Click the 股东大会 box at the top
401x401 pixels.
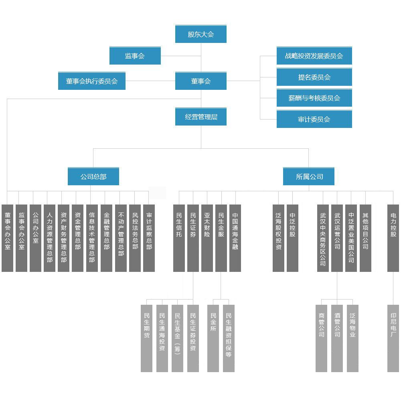click(201, 34)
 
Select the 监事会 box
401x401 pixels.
click(135, 56)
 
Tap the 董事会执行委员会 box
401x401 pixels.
click(92, 81)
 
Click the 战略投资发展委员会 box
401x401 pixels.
click(314, 56)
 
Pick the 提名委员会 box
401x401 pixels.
click(314, 77)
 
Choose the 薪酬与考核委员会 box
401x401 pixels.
click(314, 98)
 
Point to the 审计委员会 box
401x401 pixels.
click(314, 119)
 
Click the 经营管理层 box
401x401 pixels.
click(201, 117)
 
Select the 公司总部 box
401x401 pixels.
click(93, 176)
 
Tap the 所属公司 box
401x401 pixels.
click(309, 176)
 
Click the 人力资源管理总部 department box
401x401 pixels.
click(49, 238)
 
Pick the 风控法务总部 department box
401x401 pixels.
click(135, 238)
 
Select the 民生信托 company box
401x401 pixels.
click(179, 238)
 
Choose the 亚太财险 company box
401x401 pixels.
click(207, 238)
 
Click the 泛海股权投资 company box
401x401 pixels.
click(278, 238)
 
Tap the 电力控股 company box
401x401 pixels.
click(393, 238)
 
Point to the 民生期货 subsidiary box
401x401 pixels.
click(146, 338)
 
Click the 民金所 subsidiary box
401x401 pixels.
click(213, 338)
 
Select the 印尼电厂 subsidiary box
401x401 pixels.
click(393, 338)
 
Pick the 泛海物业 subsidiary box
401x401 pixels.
click(352, 338)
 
